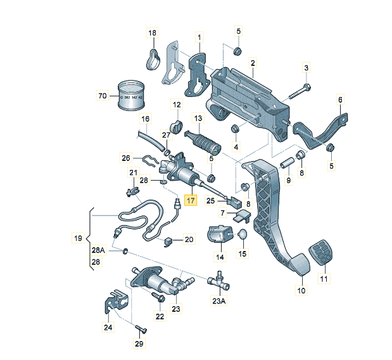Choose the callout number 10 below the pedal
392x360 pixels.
(x=300, y=290)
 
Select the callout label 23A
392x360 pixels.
(x=218, y=302)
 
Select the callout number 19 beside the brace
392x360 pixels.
(x=78, y=239)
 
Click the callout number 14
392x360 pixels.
(x=220, y=258)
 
